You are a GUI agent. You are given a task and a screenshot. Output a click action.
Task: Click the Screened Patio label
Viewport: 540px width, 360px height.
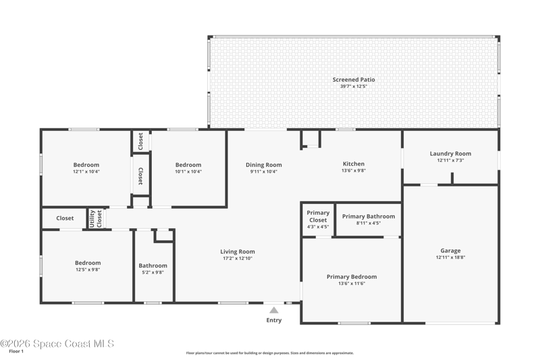coord(354,80)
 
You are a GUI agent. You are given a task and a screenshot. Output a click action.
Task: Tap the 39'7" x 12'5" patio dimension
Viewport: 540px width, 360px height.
coord(354,86)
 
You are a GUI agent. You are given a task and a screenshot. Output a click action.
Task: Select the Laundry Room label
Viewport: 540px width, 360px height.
coord(450,153)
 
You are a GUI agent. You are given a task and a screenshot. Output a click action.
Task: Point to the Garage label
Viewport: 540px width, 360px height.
coord(450,251)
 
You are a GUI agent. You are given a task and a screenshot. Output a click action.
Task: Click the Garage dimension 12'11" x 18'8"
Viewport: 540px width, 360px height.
coord(450,257)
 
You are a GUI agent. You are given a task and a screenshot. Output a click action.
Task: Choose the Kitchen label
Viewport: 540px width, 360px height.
coord(354,164)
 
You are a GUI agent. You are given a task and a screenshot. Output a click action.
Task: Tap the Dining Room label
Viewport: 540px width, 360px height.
coord(264,165)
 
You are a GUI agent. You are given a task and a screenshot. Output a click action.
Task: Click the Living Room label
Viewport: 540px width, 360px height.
coord(238,252)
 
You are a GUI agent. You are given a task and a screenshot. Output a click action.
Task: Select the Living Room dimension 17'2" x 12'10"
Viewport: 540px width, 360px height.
coord(238,259)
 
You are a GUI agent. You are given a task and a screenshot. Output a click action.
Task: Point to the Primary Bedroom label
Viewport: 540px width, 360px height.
coord(352,277)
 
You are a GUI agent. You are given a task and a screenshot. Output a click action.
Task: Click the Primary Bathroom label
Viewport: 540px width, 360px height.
coord(369,217)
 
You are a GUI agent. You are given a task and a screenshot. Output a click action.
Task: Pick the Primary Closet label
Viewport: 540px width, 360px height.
coord(318,216)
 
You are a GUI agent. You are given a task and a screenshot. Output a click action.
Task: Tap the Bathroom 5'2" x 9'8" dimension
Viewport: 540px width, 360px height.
coord(153,272)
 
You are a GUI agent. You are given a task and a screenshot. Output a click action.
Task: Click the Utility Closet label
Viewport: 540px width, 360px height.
coord(96,218)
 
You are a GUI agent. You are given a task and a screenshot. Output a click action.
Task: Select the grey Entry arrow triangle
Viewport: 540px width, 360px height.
coord(274,310)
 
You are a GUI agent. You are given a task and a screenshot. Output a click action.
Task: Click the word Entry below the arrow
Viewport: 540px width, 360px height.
coord(274,320)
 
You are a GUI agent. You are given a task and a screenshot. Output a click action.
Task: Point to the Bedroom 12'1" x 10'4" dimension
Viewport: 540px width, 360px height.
coord(86,172)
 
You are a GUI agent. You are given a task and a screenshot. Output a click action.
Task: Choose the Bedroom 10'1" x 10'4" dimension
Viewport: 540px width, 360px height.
coord(188,172)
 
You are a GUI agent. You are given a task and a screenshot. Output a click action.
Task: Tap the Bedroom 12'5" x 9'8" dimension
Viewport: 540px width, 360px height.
coord(88,269)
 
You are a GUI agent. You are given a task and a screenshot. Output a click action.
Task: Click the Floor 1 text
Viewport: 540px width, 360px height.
coord(16,351)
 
